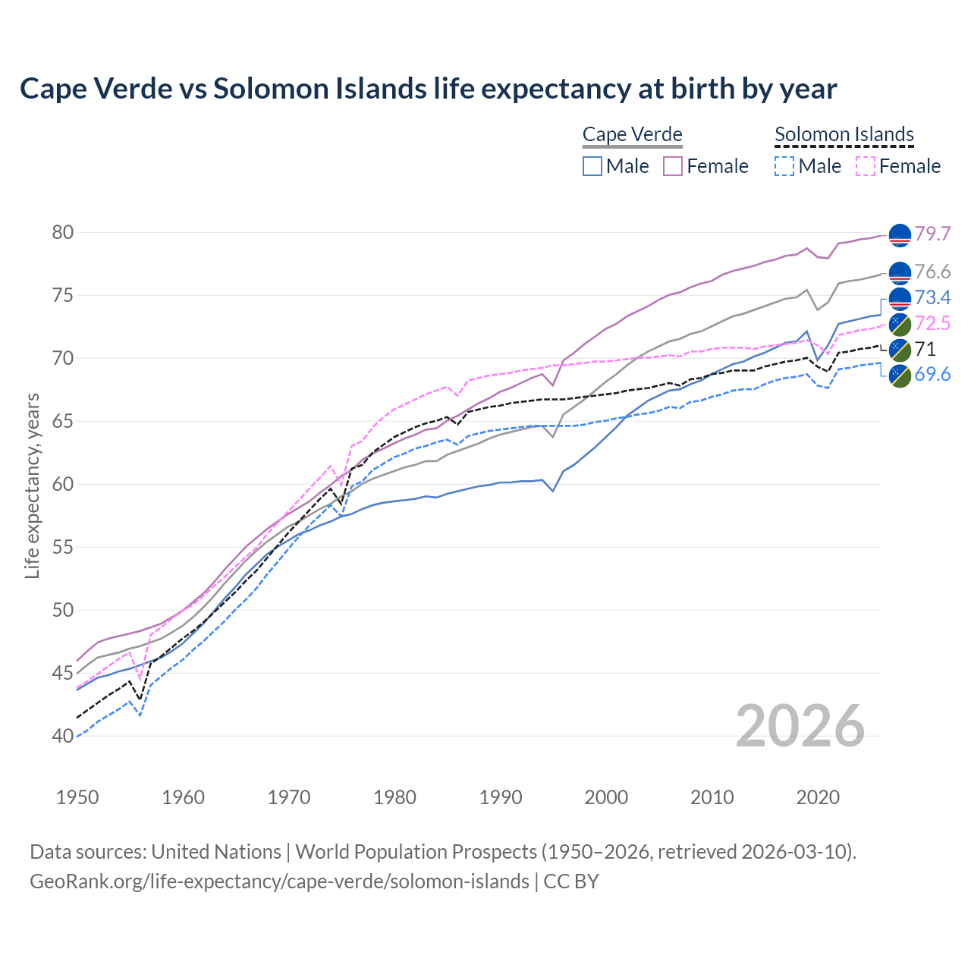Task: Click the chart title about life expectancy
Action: pos(428,89)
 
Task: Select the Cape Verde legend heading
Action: pos(632,135)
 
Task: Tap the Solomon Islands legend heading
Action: pos(844,135)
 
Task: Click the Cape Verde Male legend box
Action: pos(592,166)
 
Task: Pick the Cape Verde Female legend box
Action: pos(673,166)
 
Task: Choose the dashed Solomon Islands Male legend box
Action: pos(784,166)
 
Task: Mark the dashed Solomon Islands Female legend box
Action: pos(865,166)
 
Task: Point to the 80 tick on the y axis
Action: pos(63,233)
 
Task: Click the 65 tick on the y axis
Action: pos(63,422)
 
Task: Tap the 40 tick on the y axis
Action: pos(63,737)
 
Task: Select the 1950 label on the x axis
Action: pos(77,797)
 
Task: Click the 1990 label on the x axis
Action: pos(501,797)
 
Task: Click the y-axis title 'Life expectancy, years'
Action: pos(32,485)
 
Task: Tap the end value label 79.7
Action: pos(932,234)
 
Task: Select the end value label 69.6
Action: pos(932,374)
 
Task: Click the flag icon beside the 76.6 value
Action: pos(900,272)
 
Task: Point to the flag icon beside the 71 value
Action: pos(900,350)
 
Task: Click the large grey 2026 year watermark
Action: pos(800,726)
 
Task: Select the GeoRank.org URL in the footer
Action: pos(279,881)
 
